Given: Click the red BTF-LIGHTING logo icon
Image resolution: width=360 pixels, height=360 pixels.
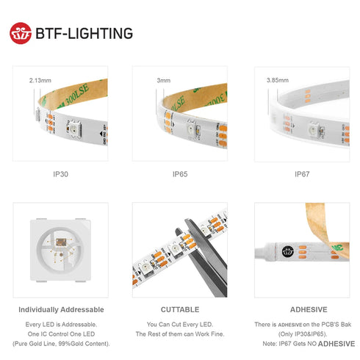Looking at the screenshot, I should pos(21,33).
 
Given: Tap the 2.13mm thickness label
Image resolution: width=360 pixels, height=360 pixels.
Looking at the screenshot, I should pos(40,79).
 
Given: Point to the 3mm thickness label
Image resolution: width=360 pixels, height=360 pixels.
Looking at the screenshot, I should pos(164,79).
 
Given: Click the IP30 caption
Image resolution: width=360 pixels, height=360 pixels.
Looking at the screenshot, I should pos(61,174).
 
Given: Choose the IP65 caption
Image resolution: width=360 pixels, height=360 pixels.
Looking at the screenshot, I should pos(180,174).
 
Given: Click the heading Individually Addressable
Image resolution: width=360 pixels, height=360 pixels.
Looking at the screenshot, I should pos(61,309).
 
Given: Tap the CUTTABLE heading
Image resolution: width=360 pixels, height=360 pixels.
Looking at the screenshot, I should pos(180,309).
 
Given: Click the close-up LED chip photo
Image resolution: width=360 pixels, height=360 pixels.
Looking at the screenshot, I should pos(60,249).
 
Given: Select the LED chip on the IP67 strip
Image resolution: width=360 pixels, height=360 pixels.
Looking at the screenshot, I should pos(312,129).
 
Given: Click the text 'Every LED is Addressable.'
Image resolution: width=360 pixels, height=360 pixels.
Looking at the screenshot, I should pos(61,324).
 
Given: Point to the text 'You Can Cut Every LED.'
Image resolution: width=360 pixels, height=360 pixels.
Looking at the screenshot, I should pos(180,324).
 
